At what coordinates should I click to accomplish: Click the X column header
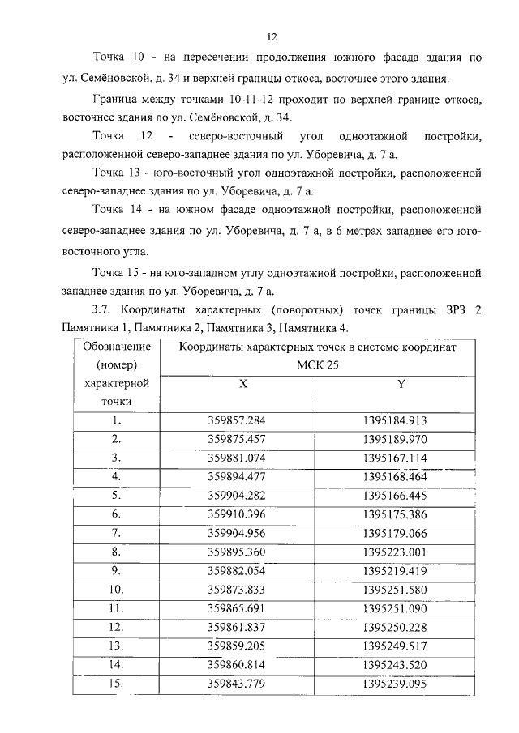[242, 385]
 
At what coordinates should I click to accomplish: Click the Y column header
[401, 385]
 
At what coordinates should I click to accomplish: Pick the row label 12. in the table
[117, 627]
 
